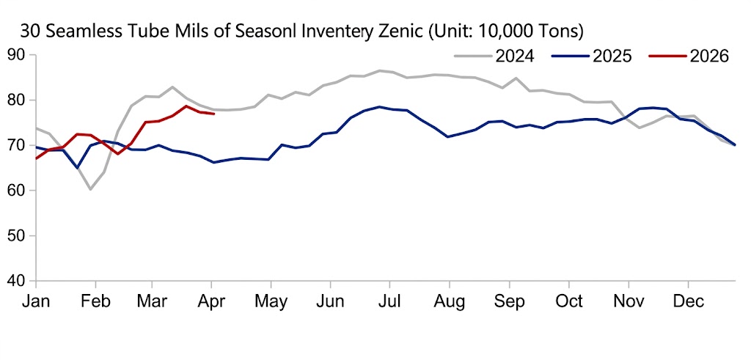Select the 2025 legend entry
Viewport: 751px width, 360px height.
pos(612,56)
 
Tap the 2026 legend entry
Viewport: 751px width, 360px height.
pos(708,56)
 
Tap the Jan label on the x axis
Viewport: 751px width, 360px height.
pos(36,301)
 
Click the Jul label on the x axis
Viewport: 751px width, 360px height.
pos(390,301)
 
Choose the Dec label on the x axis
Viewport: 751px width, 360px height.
pos(688,301)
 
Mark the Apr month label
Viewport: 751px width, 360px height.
pos(212,301)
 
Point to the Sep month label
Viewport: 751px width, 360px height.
pos(509,301)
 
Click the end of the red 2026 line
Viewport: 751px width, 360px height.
pos(213,114)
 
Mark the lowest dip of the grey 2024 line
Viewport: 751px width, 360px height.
pos(90,189)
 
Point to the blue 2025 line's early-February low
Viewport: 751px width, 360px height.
pos(77,168)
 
